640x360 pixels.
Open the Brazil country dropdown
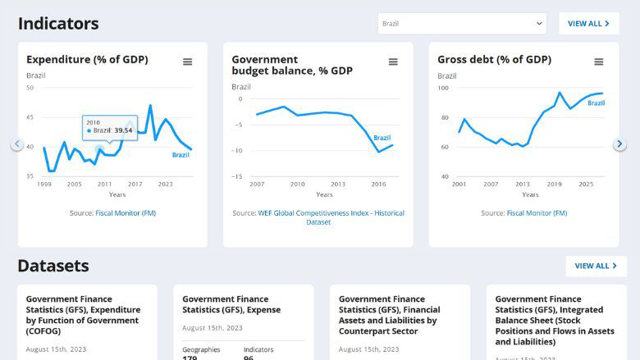tap(461, 24)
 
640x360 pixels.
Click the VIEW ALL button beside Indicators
tap(588, 24)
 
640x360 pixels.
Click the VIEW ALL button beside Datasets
tap(596, 266)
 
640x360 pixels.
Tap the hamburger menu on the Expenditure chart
tap(188, 62)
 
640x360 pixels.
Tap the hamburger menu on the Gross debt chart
tap(599, 62)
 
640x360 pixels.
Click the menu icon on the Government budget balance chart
tap(393, 62)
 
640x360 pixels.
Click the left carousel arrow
tap(17, 144)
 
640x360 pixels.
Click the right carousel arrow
tap(619, 144)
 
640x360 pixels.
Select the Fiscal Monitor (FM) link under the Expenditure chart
tap(126, 213)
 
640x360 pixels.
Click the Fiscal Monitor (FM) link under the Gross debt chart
tap(537, 213)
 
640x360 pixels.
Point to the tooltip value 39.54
tap(123, 130)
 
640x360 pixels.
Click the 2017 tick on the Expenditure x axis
tap(135, 185)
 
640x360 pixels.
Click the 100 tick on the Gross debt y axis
tap(442, 88)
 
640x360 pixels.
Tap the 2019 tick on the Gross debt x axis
tap(555, 185)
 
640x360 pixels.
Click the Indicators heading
tap(58, 24)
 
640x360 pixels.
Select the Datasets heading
tap(53, 266)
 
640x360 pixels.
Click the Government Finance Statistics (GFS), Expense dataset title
tap(231, 304)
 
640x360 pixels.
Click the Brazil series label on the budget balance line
tap(382, 138)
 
